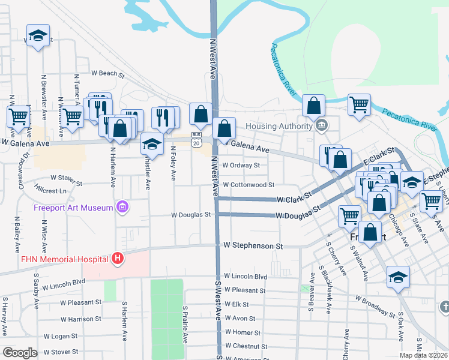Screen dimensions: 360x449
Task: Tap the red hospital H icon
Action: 118,259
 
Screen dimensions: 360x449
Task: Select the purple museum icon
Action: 123,208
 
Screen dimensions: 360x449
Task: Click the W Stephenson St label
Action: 253,245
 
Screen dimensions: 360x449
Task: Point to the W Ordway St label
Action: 241,165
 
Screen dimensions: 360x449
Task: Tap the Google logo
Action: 20,353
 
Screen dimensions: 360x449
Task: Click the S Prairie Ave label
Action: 185,325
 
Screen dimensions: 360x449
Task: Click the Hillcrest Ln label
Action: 50,191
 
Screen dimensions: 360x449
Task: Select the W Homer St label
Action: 243,332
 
